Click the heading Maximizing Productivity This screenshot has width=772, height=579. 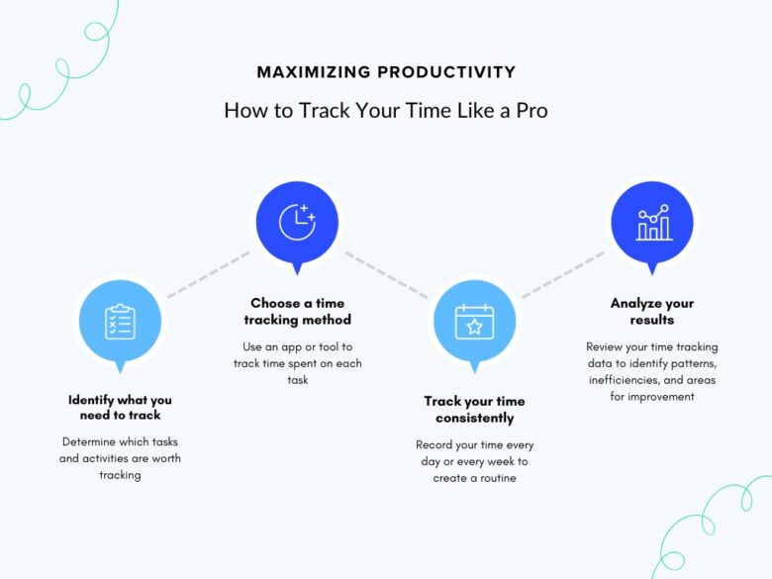pyautogui.click(x=386, y=72)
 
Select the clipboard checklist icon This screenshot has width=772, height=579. pyautogui.click(x=120, y=321)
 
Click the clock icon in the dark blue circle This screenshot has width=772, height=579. pyautogui.click(x=296, y=222)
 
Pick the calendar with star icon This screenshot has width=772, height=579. pyautogui.click(x=473, y=321)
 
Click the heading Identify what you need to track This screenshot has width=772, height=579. pyautogui.click(x=120, y=407)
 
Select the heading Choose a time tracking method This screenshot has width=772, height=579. pyautogui.click(x=297, y=311)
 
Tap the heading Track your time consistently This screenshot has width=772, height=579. pyautogui.click(x=474, y=409)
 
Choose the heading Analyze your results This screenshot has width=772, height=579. pyautogui.click(x=652, y=311)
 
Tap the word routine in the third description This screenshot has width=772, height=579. pyautogui.click(x=497, y=478)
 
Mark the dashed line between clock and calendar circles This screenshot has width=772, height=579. pyautogui.click(x=386, y=272)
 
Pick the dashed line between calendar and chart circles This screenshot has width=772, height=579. pyautogui.click(x=562, y=273)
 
